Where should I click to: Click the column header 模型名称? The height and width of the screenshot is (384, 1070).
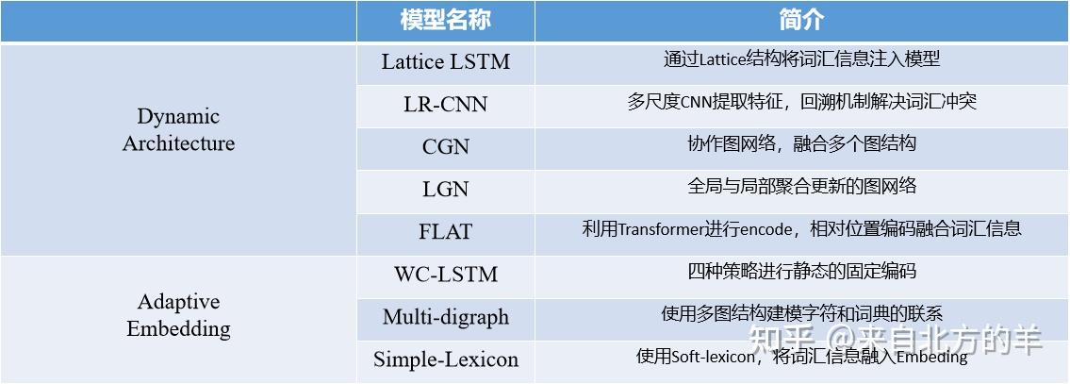(x=445, y=20)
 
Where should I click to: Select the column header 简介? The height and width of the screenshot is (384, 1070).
(x=801, y=20)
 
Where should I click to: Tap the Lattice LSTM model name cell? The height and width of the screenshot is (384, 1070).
(x=445, y=62)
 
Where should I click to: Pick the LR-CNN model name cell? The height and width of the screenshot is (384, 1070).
(x=445, y=104)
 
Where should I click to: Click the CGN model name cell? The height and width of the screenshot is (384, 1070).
(x=445, y=146)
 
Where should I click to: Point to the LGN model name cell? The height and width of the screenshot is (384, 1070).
(x=445, y=189)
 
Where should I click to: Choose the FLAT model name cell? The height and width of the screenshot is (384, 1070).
(x=445, y=231)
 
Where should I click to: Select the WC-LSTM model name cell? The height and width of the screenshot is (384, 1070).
(x=445, y=275)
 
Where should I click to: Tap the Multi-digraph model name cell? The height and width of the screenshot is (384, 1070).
(x=445, y=317)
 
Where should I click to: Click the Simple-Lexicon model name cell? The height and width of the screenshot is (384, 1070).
(x=445, y=359)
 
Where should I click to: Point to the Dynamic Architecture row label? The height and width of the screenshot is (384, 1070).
(x=178, y=130)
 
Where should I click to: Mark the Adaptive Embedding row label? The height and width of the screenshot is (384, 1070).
(x=178, y=315)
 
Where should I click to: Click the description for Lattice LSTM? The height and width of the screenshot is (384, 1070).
(x=801, y=59)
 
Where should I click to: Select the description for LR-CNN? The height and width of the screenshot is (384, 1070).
(x=801, y=102)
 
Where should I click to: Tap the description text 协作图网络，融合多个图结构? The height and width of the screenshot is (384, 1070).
(x=801, y=144)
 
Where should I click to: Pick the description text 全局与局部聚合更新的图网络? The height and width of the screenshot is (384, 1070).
(x=801, y=187)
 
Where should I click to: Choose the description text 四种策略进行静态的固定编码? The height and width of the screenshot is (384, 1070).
(x=801, y=272)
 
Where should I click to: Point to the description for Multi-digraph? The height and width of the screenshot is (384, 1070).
(x=801, y=314)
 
